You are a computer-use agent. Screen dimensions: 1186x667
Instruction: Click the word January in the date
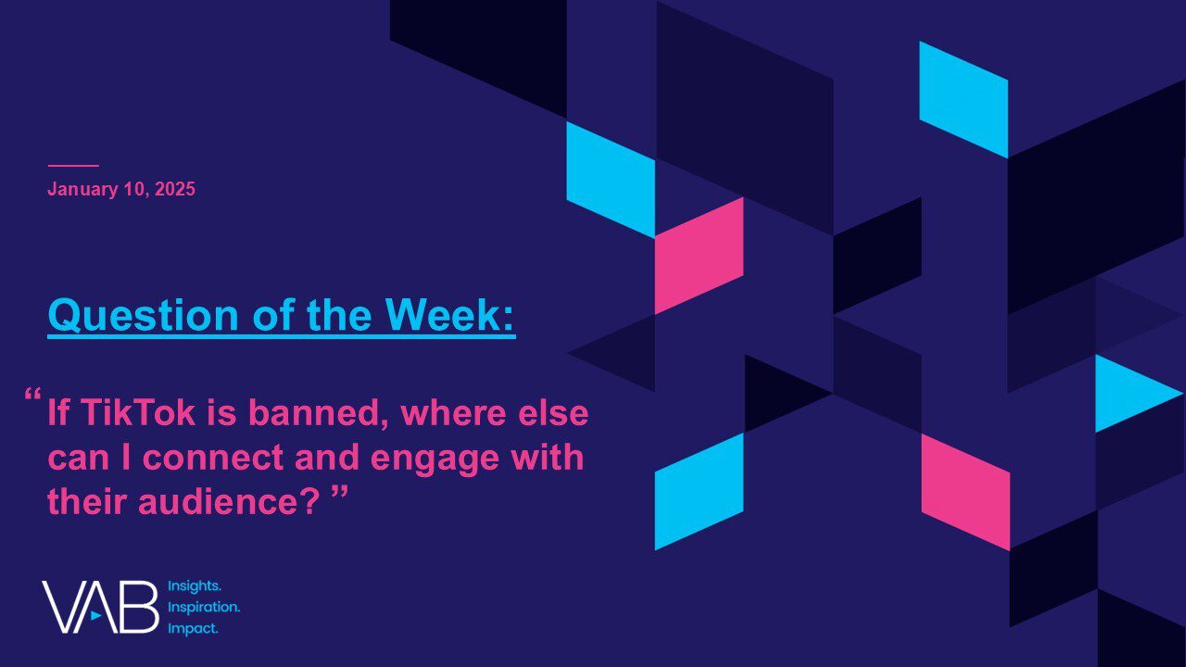point(82,190)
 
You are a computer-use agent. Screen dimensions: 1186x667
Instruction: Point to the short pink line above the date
point(73,166)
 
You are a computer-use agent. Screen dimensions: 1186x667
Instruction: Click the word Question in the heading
point(144,315)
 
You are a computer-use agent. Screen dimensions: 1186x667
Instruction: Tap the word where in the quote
point(454,413)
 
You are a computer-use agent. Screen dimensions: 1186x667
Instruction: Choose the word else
point(553,413)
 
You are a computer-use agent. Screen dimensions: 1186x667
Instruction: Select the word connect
point(213,458)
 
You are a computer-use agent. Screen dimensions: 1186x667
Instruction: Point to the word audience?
point(229,501)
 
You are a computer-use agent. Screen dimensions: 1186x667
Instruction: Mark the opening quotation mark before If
point(32,395)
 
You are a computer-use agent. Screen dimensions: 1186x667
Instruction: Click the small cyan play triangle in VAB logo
point(95,616)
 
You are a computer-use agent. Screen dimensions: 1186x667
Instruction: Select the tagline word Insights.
point(195,586)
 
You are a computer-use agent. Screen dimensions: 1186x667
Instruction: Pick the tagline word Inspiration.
point(204,607)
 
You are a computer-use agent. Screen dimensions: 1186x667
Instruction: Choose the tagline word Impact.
point(193,629)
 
